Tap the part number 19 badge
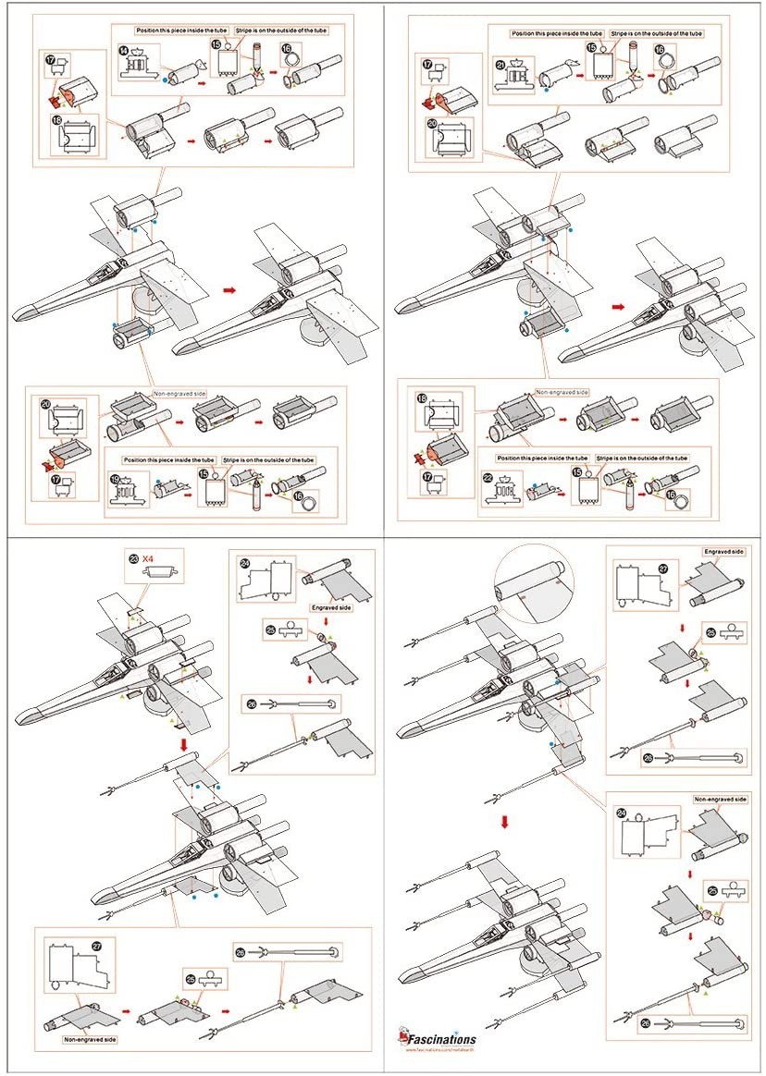tap(116, 479)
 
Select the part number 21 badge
tap(500, 64)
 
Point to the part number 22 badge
tap(488, 478)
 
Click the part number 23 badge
tap(133, 557)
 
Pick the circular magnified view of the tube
tap(534, 585)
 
